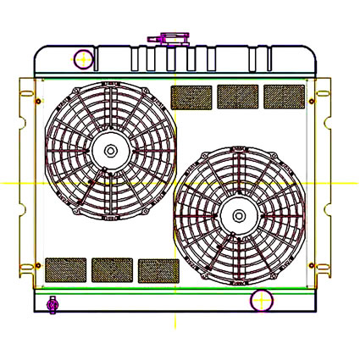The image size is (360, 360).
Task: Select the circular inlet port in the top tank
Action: (83, 59)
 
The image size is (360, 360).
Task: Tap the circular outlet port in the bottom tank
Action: (261, 300)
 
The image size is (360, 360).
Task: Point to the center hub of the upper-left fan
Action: (110, 151)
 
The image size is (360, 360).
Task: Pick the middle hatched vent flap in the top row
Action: (238, 97)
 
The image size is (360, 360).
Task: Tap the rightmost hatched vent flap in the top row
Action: (284, 97)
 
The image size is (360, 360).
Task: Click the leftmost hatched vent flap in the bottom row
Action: (65, 269)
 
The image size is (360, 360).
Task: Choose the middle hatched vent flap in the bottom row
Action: (112, 269)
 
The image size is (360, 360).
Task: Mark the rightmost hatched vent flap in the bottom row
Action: (158, 270)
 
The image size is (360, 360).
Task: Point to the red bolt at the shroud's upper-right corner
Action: (312, 102)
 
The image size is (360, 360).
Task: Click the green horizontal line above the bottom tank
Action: (169, 290)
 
